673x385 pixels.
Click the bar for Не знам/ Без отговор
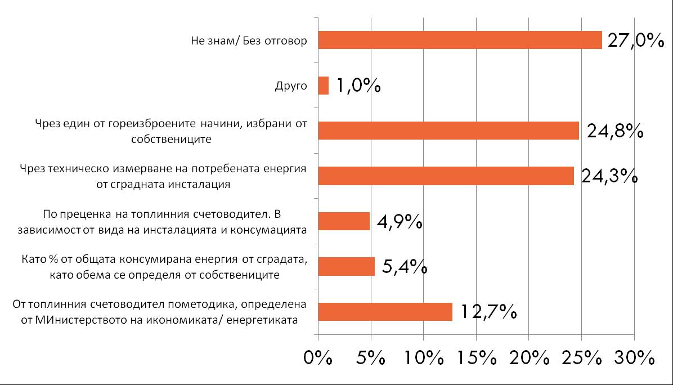point(460,40)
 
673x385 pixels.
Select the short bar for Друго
point(324,86)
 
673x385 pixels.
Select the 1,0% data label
point(358,86)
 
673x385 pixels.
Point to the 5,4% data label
point(403,266)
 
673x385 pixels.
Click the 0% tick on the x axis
point(318,359)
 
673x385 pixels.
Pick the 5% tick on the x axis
point(371,359)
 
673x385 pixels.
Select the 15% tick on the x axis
point(476,359)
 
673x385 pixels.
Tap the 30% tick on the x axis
point(634,359)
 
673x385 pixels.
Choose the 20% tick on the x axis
point(529,359)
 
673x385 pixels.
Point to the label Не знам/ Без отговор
point(249,41)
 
